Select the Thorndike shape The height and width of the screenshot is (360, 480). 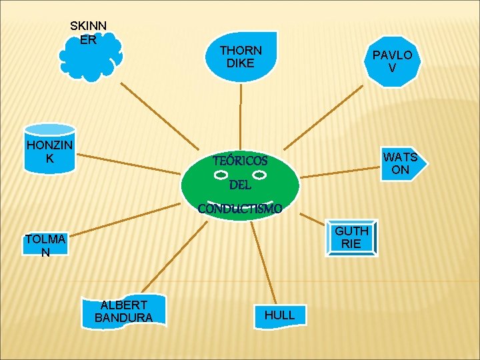241,57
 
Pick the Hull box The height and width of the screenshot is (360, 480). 279,315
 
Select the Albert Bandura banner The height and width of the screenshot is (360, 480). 123,311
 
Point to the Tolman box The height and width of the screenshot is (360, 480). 45,245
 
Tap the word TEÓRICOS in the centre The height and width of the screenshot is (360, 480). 240,161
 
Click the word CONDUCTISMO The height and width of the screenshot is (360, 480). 240,209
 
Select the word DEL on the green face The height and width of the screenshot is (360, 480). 240,185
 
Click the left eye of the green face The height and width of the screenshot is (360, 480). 221,175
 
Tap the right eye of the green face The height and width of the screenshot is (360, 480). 260,175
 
